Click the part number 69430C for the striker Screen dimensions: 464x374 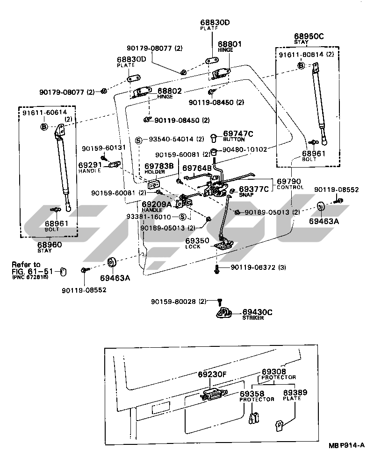(x=257, y=312)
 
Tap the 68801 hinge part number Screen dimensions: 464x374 (x=229, y=44)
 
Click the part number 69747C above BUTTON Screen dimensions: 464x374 (x=238, y=134)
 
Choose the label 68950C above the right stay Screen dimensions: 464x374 (x=309, y=36)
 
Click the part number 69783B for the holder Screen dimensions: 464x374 (x=158, y=166)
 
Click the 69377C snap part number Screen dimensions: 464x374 (x=254, y=189)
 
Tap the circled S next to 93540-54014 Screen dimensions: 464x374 (x=138, y=140)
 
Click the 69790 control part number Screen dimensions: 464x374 (x=288, y=181)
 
